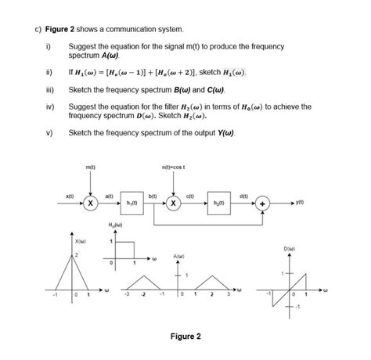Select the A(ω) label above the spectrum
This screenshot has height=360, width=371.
coord(180,256)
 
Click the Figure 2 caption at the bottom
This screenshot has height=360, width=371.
coord(185,337)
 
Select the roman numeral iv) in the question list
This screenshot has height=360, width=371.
coord(49,106)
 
